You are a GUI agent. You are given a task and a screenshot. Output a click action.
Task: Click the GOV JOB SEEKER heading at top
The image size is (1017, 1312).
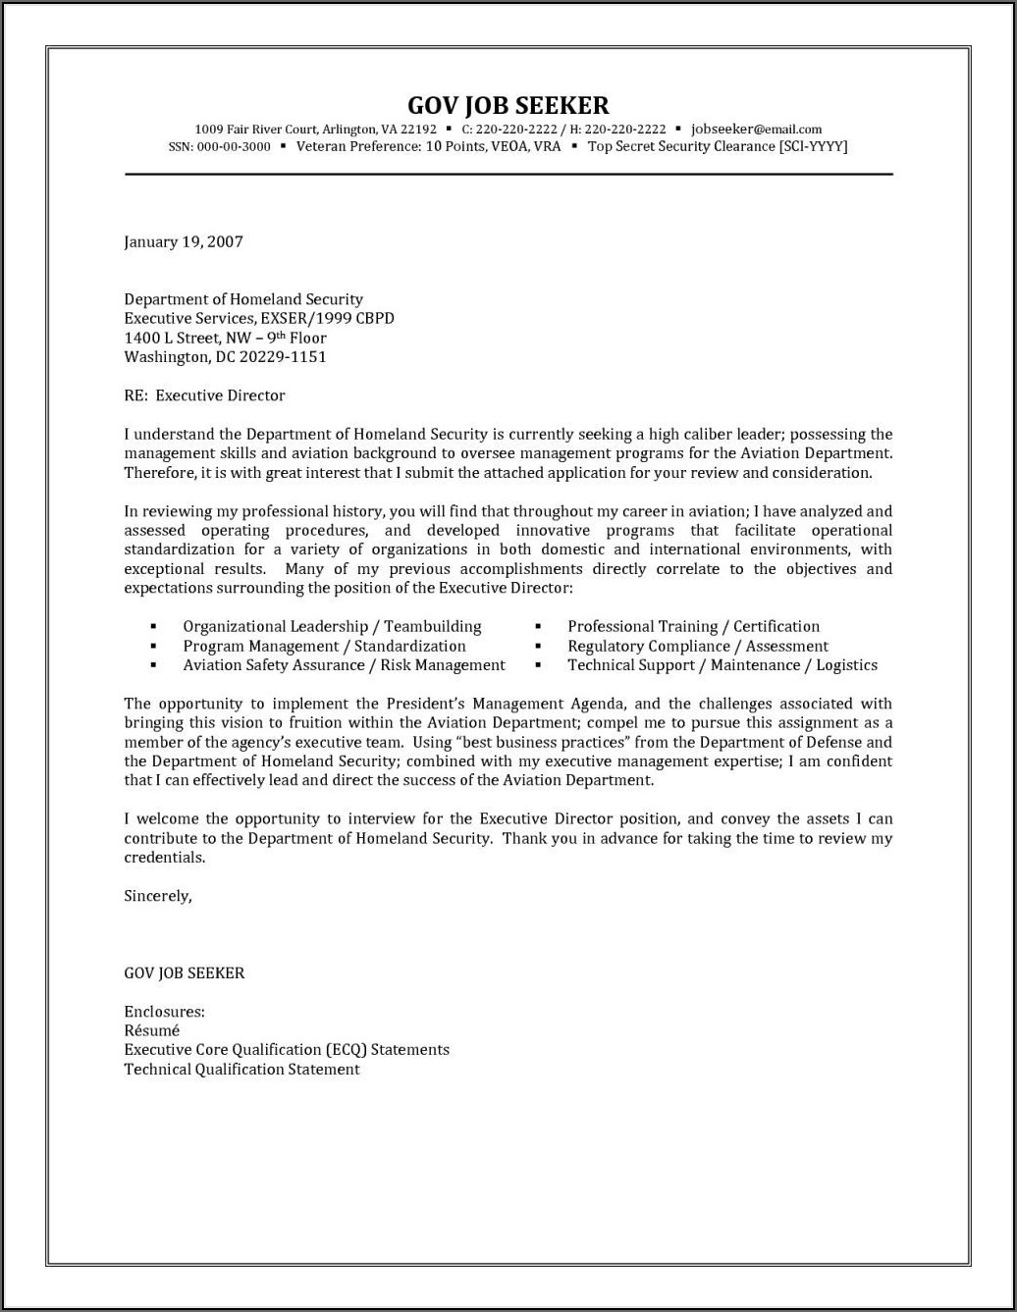[508, 105]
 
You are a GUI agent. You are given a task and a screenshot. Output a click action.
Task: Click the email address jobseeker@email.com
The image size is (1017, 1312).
[756, 129]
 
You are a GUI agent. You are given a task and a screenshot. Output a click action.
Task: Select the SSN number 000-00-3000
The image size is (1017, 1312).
[234, 147]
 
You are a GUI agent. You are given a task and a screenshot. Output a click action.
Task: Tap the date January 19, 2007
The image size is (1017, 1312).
[184, 241]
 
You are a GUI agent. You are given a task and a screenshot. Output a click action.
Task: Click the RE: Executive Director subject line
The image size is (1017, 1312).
[204, 395]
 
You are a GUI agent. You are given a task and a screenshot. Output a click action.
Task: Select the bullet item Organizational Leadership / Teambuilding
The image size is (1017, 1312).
[332, 626]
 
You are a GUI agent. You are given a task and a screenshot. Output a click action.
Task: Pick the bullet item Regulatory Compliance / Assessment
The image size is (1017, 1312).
[697, 646]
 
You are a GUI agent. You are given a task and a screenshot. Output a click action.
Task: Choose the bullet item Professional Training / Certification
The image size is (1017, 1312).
[693, 626]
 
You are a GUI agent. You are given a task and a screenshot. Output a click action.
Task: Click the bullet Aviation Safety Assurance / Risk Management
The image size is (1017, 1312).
[344, 665]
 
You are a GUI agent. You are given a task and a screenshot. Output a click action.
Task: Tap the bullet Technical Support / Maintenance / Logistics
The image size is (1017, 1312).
[722, 665]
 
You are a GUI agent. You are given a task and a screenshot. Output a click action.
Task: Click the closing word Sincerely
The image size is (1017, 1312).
[157, 895]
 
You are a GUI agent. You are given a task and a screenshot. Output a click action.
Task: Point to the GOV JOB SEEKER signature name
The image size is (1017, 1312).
[185, 972]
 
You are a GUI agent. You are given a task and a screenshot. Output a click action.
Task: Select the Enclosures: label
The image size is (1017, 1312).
[164, 1011]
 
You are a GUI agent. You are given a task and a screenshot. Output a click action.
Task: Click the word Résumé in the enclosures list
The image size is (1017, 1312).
[151, 1030]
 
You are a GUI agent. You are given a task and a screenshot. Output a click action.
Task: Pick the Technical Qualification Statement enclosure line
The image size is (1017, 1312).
[241, 1070]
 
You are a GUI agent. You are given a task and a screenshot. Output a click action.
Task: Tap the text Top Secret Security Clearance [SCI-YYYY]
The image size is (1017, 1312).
[717, 147]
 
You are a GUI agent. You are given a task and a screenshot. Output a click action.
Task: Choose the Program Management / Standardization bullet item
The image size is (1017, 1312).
[324, 646]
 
